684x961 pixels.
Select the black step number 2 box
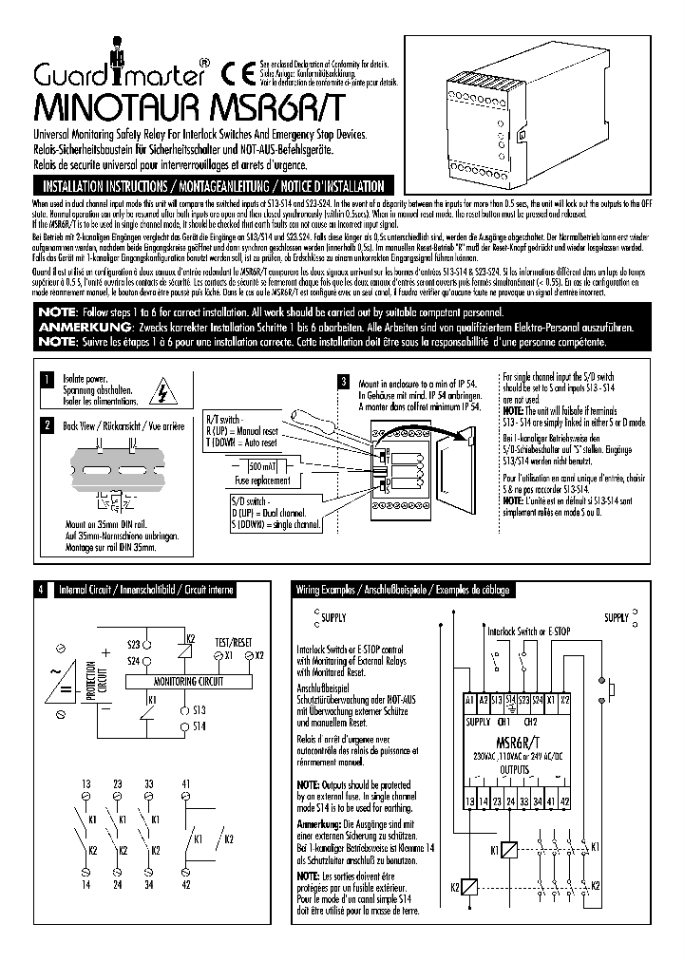(x=46, y=425)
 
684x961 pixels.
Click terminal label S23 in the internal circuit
(x=133, y=645)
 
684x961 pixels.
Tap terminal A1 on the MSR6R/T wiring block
(x=469, y=699)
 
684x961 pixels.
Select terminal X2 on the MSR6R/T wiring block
(x=565, y=699)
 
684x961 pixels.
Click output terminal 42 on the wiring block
(x=565, y=802)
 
